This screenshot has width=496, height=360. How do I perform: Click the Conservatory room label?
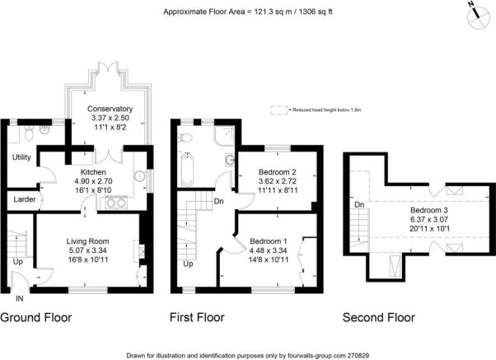click(110, 109)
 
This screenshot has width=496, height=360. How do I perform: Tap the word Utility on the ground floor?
click(21, 157)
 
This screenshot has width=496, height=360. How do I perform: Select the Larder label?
click(22, 199)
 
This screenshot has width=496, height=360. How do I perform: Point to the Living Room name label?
click(88, 241)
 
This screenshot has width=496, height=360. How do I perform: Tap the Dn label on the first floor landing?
click(219, 200)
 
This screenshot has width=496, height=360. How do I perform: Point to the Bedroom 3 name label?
click(428, 210)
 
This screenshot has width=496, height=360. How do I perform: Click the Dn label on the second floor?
click(359, 203)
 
